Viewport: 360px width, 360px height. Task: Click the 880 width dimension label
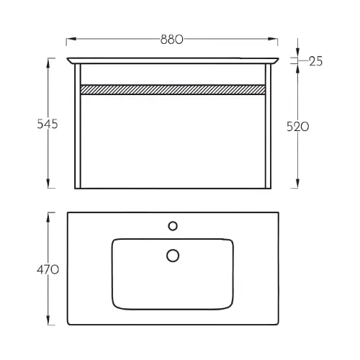point(171,40)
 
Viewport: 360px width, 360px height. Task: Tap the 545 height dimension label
point(48,124)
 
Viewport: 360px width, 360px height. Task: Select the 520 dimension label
point(298,127)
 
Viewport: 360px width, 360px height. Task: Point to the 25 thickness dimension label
point(315,61)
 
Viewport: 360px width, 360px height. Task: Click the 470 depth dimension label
point(48,270)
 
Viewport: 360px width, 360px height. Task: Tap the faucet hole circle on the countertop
point(173,226)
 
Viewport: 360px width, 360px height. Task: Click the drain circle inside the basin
point(173,256)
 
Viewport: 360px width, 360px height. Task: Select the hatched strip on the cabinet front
point(173,89)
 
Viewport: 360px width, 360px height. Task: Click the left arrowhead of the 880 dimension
point(71,39)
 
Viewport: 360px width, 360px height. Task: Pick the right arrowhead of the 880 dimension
point(273,39)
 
